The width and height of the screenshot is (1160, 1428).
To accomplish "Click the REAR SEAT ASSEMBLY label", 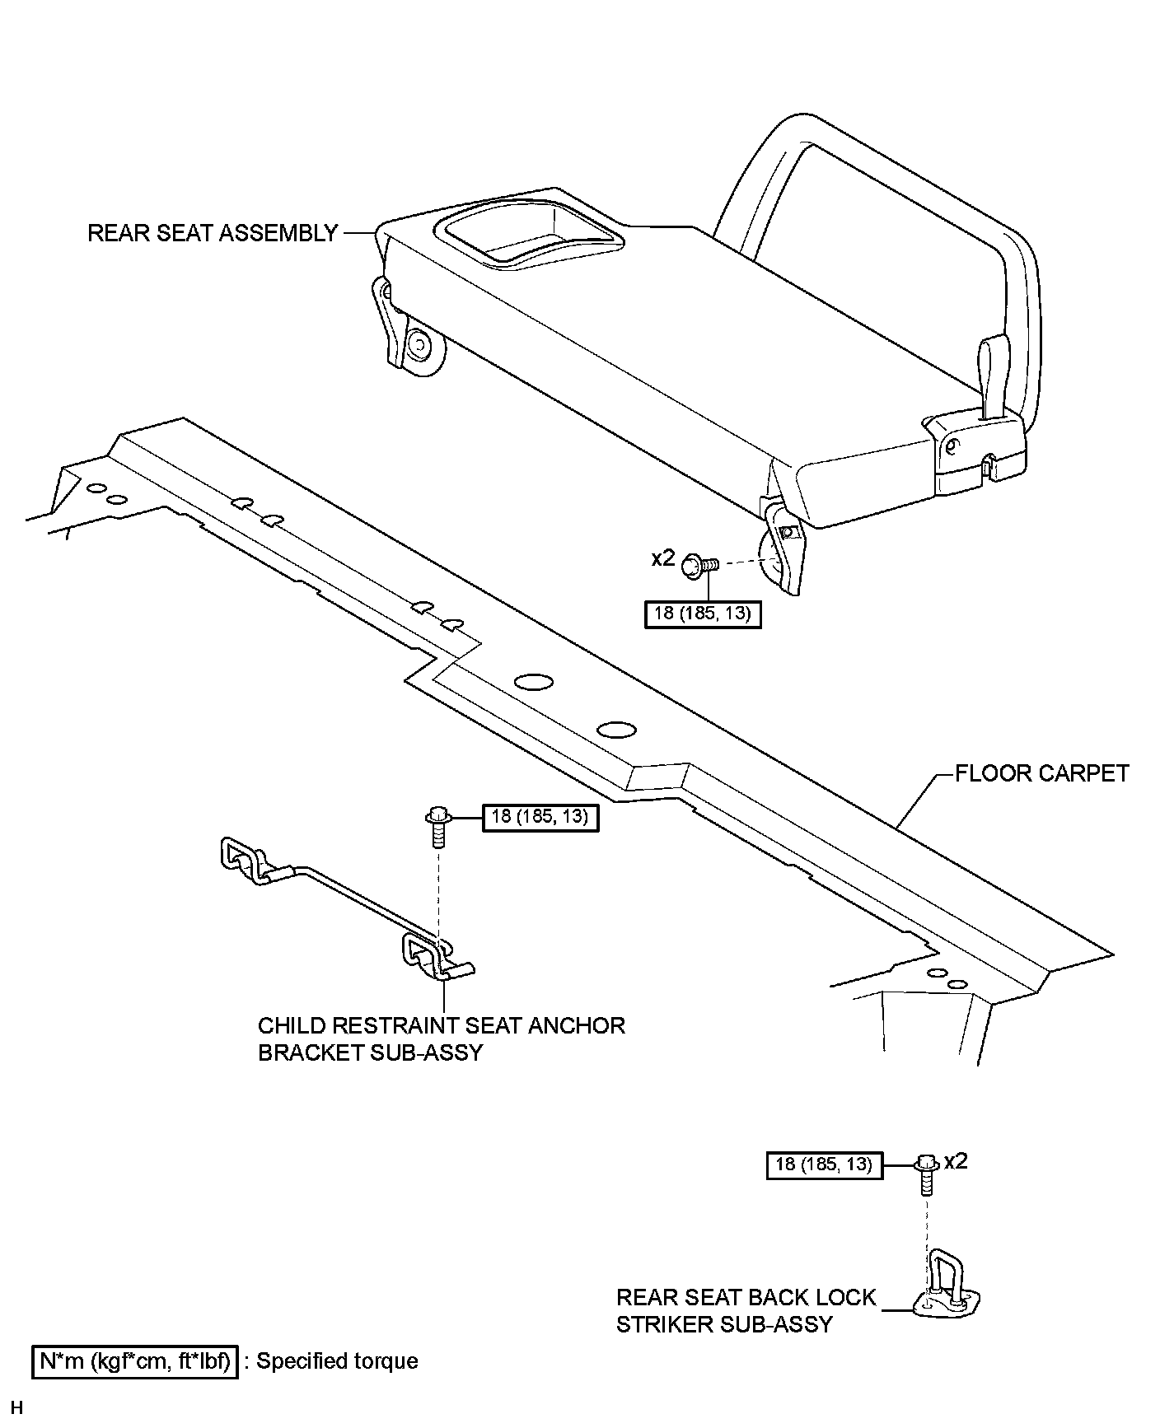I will pos(213,233).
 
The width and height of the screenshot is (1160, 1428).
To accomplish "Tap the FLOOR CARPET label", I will pos(1041,773).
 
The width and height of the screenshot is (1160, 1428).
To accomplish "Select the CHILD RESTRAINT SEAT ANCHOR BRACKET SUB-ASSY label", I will pos(441,1038).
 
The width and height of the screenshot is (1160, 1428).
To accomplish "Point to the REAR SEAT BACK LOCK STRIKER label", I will pos(746,1310).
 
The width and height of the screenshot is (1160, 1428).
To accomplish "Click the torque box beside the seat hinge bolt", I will pos(702,614).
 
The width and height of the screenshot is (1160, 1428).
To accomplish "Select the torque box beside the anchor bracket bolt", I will pos(540,817).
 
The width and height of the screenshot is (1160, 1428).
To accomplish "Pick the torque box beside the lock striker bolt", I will pos(824,1164).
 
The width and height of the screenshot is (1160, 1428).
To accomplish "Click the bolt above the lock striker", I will pos(926,1174).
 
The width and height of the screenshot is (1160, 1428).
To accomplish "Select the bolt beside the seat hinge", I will pos(701,564).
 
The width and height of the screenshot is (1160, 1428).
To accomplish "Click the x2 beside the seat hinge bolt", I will pos(662,558).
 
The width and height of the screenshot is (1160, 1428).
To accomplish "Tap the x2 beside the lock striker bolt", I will pos(956,1161).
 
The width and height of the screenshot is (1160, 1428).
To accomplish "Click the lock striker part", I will pos(947,1285).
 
